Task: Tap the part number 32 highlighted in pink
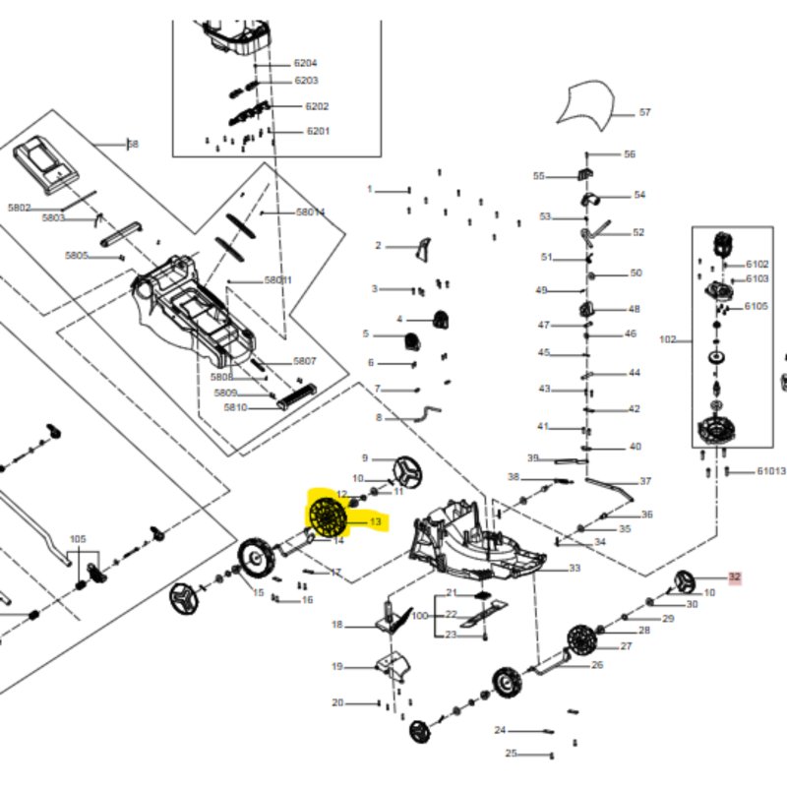[734, 578]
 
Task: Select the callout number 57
[644, 113]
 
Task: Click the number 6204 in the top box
[305, 63]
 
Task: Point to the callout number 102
[667, 340]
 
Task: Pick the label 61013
[770, 472]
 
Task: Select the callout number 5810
[235, 407]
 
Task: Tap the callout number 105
[78, 538]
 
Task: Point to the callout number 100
[420, 615]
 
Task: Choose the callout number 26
[596, 665]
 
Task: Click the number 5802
[20, 208]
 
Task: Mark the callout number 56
[630, 154]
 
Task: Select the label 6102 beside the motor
[757, 265]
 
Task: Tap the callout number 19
[336, 667]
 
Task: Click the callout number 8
[378, 418]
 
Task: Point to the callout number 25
[511, 754]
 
